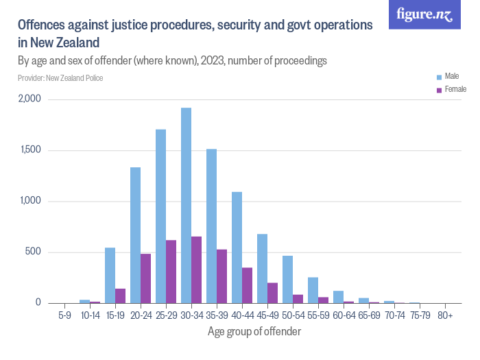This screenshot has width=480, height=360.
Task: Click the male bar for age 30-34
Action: [186, 205]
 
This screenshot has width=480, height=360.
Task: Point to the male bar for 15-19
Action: [110, 275]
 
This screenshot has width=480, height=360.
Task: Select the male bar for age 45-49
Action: [262, 268]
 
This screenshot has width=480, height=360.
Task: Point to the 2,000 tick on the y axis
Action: [30, 99]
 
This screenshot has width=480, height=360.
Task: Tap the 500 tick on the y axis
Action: [34, 252]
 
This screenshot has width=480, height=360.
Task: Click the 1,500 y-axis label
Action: [30, 150]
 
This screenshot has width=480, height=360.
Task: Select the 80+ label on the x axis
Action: [444, 316]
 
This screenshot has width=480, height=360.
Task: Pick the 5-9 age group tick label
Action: [64, 316]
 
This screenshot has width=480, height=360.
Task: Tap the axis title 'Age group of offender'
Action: [254, 332]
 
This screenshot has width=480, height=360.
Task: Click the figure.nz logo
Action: [425, 14]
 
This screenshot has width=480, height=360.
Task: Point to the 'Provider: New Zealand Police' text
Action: [60, 78]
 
